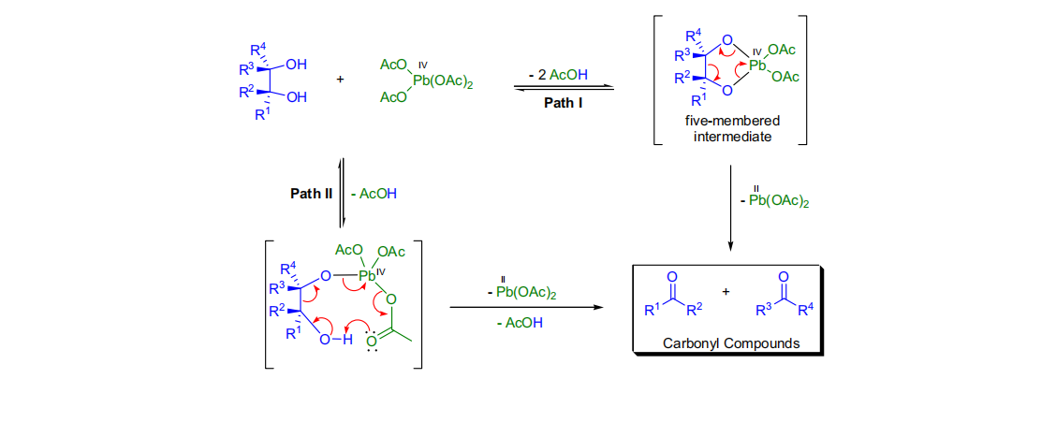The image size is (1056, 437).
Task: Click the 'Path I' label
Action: click(564, 102)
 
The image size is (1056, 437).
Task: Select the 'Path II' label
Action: click(312, 194)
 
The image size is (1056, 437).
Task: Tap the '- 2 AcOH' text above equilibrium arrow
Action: click(564, 74)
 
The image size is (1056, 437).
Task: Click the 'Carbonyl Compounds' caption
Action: click(731, 342)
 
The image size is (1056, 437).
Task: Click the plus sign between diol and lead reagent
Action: click(340, 79)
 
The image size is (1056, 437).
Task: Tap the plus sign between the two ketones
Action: click(726, 290)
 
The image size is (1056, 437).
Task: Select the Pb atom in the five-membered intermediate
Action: click(758, 66)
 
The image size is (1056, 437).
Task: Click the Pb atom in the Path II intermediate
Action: click(367, 275)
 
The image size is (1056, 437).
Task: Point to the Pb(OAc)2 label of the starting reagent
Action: click(443, 82)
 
